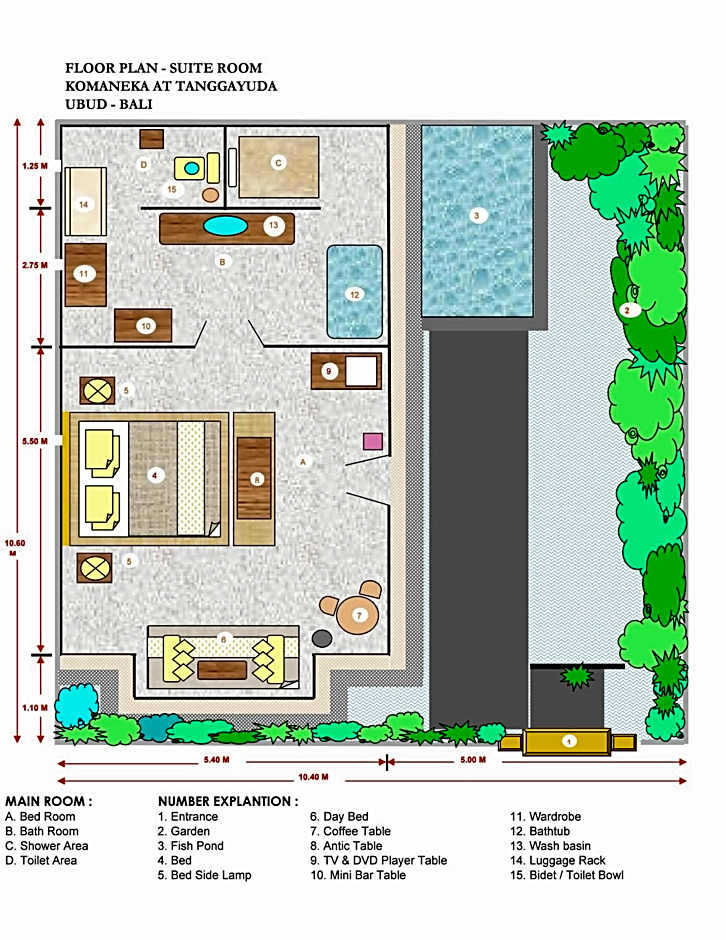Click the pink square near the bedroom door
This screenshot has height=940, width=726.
[372, 442]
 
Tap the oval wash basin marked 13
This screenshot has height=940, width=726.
[225, 226]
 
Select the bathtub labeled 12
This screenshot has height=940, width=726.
[354, 292]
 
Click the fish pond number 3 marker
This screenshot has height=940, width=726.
[477, 215]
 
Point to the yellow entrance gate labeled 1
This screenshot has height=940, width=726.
[567, 742]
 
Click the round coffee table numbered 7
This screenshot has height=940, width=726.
[358, 616]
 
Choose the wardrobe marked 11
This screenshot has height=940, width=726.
[86, 275]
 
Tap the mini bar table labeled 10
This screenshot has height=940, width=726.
[143, 326]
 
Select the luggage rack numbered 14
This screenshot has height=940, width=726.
[85, 201]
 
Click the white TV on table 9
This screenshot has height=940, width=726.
[361, 372]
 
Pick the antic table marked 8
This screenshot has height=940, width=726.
[254, 478]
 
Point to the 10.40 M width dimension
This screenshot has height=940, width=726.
[313, 777]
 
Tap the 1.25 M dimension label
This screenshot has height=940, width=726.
[35, 165]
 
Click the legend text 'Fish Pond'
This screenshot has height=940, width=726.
[197, 846]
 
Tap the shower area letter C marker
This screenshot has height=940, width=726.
[278, 162]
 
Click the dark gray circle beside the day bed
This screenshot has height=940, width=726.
[322, 638]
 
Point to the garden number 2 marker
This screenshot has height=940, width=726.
[628, 310]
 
